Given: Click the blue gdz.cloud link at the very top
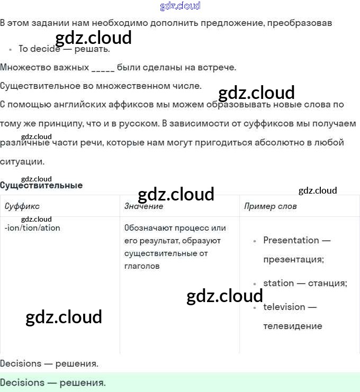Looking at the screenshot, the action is point(180,6).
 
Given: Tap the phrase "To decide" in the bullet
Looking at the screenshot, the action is point(39,49).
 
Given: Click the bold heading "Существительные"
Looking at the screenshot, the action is point(41,185).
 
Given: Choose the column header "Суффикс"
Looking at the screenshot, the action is point(22,206).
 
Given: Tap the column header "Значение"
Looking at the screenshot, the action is point(143,206).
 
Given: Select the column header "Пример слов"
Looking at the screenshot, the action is point(271,206).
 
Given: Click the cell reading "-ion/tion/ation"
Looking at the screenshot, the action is point(32,228).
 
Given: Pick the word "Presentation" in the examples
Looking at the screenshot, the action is point(291,240).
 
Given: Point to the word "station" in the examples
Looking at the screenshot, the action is point(278,283).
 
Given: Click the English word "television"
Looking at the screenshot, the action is point(284,307).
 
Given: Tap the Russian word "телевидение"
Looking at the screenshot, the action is point(292,326).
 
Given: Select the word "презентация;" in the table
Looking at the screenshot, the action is point(293,259).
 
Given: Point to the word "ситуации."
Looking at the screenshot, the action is point(22,162).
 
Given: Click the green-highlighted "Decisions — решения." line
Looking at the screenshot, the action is point(53,382).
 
